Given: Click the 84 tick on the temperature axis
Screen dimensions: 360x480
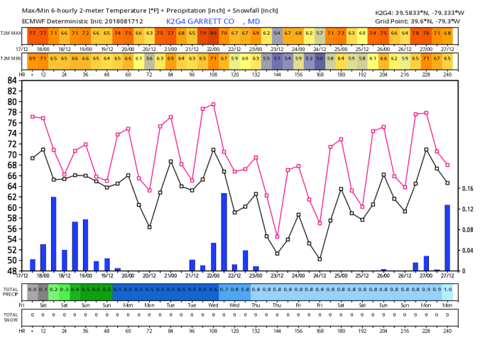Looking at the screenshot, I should pos(12,80).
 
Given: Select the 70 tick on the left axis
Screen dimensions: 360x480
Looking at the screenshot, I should pos(12,154).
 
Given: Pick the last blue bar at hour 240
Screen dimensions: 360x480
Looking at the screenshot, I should pos(447,237).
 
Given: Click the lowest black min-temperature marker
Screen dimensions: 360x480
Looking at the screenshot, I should pos(320,258).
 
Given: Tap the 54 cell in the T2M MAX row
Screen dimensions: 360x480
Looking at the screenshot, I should pos(277,33).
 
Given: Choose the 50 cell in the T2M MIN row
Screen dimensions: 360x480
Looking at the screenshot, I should pos(320,58).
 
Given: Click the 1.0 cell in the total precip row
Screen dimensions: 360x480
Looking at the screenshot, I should pos(447,289).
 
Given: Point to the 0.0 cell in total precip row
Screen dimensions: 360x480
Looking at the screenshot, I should pos(33,289).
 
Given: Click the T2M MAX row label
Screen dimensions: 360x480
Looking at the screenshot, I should pos(10,33).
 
